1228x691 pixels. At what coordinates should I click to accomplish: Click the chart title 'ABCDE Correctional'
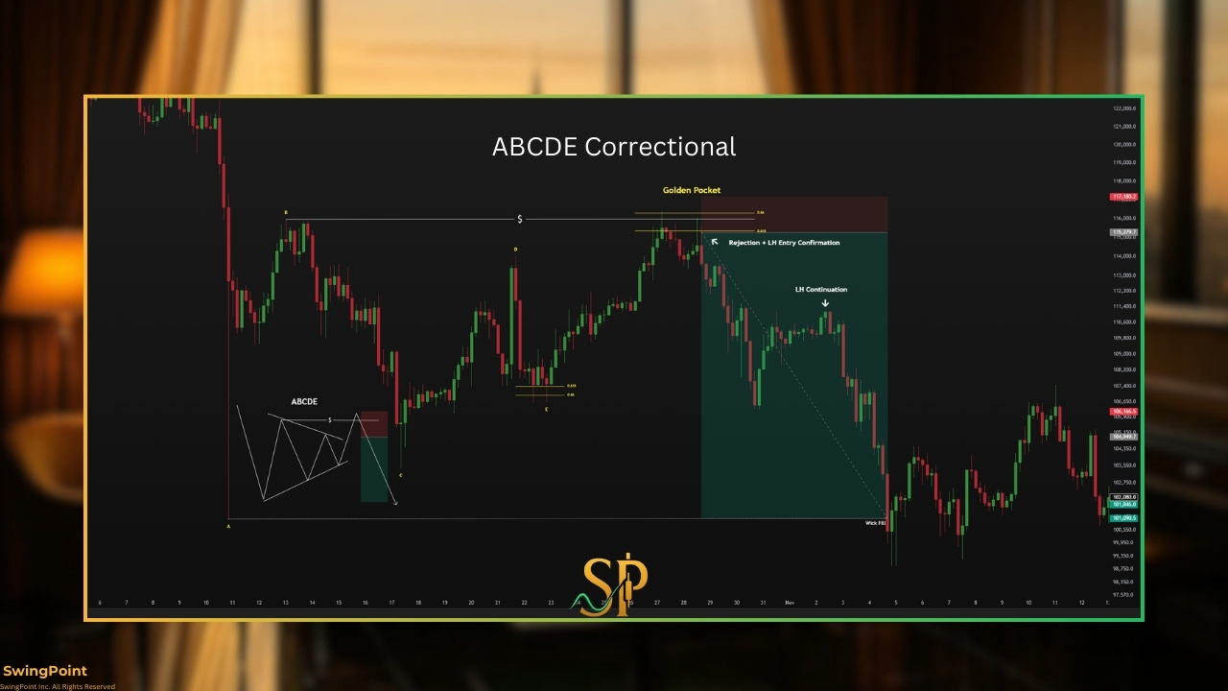pos(614,147)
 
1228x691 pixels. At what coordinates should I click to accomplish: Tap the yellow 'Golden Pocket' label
pos(691,190)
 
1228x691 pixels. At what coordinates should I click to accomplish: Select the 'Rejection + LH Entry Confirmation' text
pos(784,243)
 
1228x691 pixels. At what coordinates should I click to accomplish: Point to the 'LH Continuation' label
pos(820,289)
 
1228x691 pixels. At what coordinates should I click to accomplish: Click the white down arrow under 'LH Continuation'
pos(825,303)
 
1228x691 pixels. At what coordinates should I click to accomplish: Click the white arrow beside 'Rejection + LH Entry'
pos(714,241)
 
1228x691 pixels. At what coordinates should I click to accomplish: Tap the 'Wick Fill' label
pos(875,523)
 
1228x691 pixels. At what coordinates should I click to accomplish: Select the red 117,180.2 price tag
pos(1123,197)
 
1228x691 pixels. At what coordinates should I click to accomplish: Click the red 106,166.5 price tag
pos(1123,412)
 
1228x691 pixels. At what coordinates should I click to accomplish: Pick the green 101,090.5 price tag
pos(1123,518)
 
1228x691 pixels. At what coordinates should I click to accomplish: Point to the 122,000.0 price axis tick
pos(1124,108)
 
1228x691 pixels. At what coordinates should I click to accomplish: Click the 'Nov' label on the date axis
pos(789,603)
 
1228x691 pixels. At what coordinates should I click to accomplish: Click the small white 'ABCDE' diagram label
pos(304,401)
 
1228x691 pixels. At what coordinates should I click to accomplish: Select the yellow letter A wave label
pos(228,526)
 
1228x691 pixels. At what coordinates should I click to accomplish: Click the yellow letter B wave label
pos(285,212)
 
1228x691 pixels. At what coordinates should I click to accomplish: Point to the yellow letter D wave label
pos(515,250)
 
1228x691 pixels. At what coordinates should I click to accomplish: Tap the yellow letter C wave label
pos(400,475)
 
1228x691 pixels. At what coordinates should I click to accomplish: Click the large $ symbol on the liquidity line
pos(520,220)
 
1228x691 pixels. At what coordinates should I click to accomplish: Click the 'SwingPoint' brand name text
pos(45,672)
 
